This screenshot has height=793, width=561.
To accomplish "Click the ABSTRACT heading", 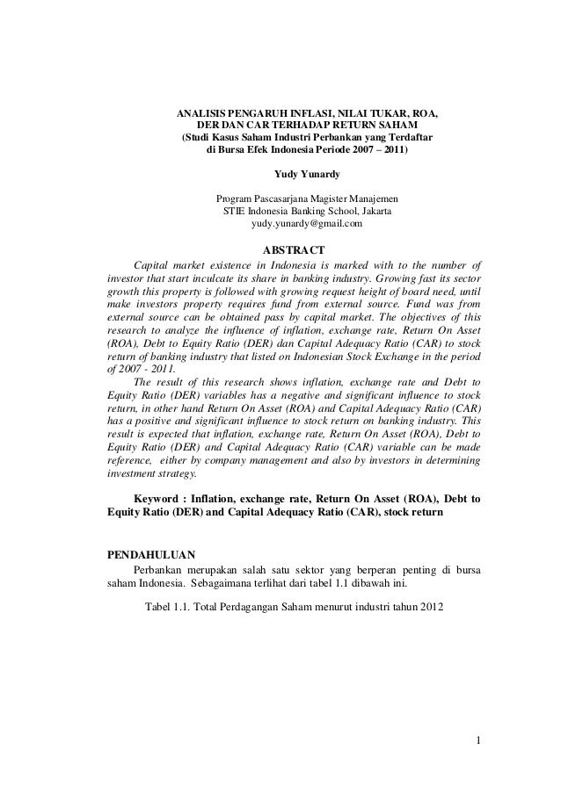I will pos(294,249).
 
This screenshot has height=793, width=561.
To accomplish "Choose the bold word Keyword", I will pos(161,500).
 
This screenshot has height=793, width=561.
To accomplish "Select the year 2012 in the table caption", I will pos(432,607).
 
